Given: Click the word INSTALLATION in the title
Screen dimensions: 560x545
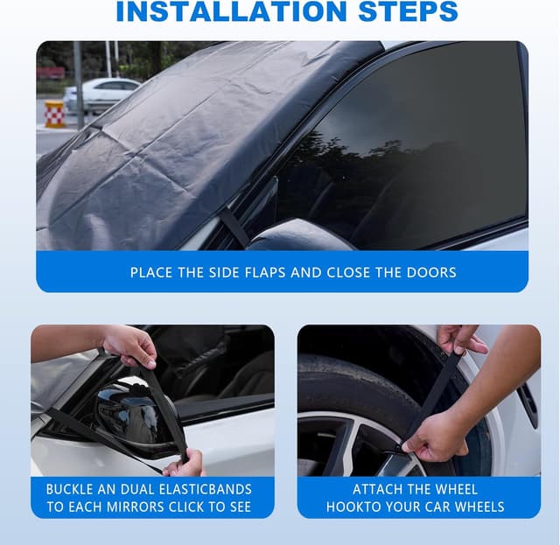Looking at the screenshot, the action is coord(231,11).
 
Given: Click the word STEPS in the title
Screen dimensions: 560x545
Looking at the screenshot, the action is coord(408,11).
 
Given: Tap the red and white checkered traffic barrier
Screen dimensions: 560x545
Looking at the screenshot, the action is coord(54,114).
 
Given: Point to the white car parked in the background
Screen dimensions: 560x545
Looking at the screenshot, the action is coord(101,94).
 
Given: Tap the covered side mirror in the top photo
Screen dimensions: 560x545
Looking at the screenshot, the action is coord(300,235).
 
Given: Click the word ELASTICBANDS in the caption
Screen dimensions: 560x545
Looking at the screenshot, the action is coord(205,489).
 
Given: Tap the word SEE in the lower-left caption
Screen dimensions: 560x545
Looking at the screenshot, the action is coord(241,507).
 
